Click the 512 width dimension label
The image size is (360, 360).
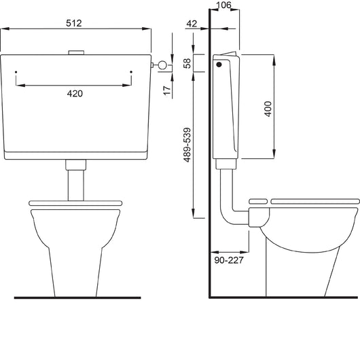(74, 23)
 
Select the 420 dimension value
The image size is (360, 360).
(75, 94)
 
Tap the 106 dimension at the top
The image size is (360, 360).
(223, 5)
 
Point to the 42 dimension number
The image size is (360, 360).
(192, 24)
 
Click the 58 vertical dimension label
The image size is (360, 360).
(187, 63)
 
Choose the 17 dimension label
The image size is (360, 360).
(167, 91)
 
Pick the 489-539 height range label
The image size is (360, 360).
(187, 145)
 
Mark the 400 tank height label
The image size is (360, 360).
(268, 109)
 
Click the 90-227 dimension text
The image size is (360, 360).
(229, 260)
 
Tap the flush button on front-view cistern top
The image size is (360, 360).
(76, 52)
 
